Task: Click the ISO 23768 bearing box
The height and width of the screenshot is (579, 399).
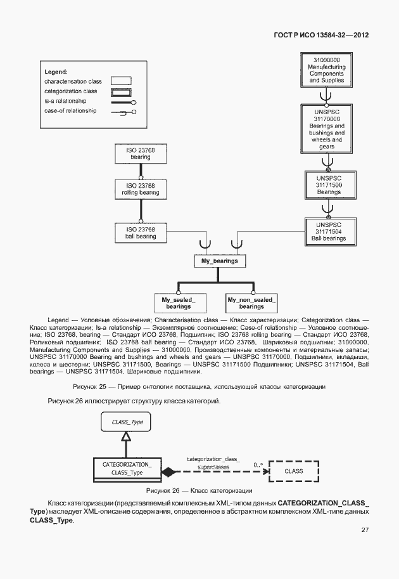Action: [141, 153]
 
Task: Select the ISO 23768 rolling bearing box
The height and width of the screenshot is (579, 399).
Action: [141, 189]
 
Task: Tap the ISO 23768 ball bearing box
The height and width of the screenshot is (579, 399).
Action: [141, 232]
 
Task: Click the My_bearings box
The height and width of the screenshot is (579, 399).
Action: [218, 261]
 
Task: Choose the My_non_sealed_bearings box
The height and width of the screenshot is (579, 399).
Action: [251, 303]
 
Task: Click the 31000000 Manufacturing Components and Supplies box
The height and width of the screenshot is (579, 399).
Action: [326, 70]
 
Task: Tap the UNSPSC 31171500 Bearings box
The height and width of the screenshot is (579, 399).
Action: [329, 185]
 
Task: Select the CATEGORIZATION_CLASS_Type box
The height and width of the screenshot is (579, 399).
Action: [127, 468]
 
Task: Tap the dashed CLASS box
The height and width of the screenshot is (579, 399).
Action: [293, 471]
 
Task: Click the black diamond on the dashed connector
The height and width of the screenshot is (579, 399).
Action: [168, 472]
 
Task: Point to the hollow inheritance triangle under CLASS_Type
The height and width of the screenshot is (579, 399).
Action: [126, 436]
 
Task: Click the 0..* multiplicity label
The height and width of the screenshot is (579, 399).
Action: [258, 465]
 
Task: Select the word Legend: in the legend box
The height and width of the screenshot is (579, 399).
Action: [56, 72]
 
